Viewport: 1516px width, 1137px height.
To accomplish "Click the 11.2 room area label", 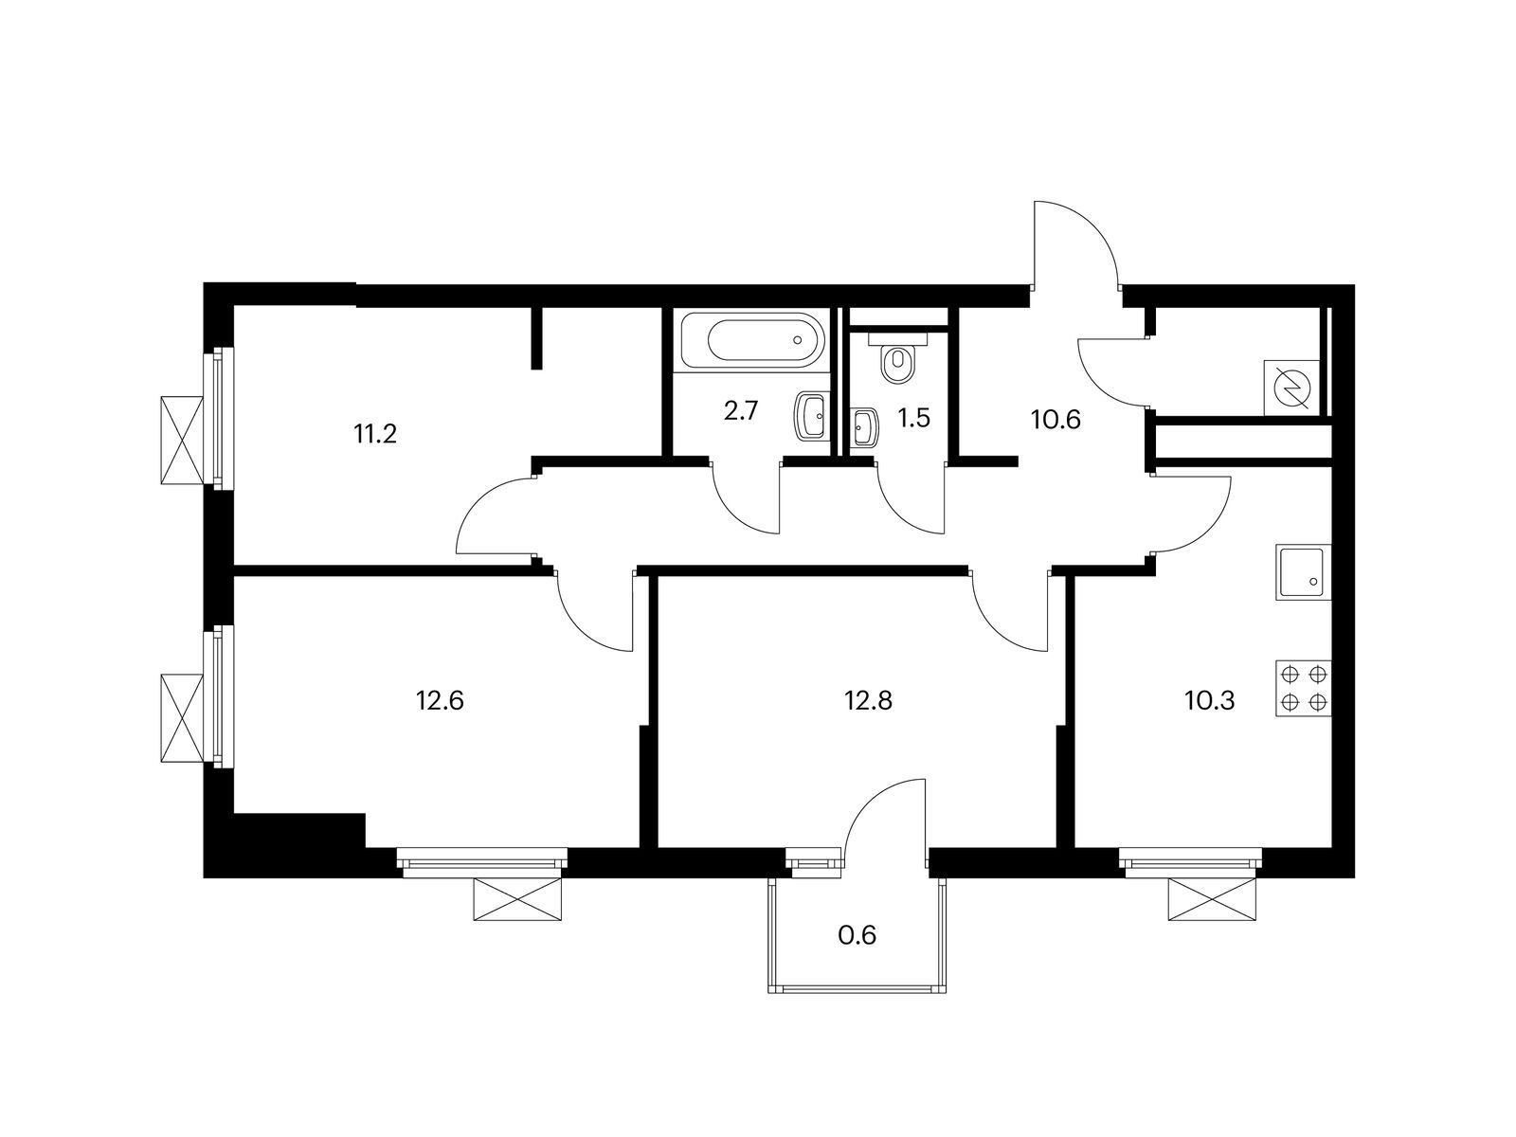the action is [375, 434].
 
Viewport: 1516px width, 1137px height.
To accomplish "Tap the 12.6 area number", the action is [440, 701].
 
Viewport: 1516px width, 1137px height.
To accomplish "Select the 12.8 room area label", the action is [868, 701].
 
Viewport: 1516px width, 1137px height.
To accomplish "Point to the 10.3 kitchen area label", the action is [1209, 701].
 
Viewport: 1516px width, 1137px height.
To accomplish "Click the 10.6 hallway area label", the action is [1056, 419].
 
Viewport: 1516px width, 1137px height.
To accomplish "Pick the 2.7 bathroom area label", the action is [741, 411].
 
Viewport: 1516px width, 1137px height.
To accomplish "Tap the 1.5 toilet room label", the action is [913, 418].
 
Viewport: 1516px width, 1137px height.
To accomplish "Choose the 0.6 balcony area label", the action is [857, 935].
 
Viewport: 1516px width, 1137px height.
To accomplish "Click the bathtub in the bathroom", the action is [754, 339].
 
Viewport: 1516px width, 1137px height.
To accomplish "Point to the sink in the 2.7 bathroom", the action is [811, 417].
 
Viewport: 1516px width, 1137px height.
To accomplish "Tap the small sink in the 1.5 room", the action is [863, 428].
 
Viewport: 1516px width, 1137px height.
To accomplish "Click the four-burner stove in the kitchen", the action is [1303, 688].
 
